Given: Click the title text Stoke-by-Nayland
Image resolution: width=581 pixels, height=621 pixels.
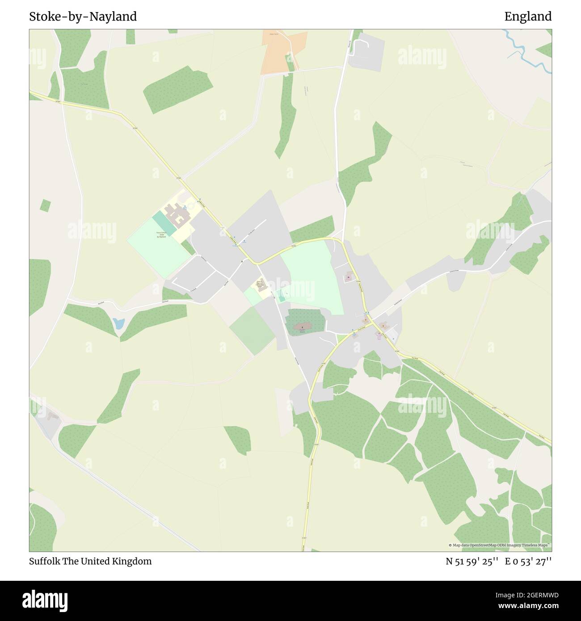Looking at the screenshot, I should pos(83,17).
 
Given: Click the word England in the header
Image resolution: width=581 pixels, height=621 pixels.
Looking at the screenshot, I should pos(528,17).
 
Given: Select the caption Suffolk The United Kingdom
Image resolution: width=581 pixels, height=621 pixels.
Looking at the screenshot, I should pos(90,561).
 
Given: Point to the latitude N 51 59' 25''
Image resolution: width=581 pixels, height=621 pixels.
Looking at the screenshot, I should pos(472,561).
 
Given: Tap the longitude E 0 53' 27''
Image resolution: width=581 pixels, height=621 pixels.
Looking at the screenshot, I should pos(528,561).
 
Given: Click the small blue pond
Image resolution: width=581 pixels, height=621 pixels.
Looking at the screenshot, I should pos(118,323).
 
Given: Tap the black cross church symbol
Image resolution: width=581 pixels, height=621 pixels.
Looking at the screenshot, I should pos(302,327).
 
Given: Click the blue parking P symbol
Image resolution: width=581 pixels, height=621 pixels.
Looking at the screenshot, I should pos(393,339).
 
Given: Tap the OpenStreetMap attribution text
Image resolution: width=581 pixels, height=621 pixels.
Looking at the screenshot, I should pos(500,545).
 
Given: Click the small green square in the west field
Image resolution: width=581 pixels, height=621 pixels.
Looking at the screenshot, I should pos(45,205).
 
